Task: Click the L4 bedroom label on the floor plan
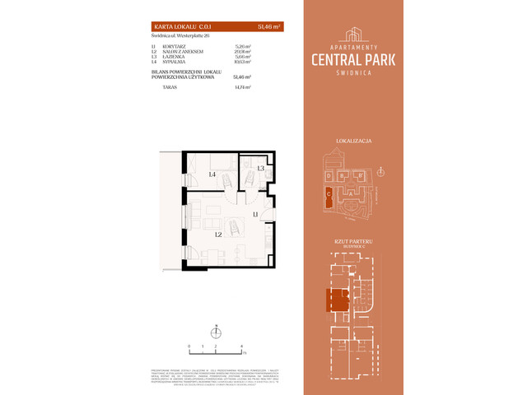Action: [212, 174]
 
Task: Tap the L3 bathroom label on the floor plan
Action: [260, 168]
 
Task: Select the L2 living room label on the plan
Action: [218, 234]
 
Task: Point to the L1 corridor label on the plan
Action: [255, 215]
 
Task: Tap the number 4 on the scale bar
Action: [241, 347]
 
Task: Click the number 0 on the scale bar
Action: [189, 347]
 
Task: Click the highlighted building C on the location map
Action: [329, 195]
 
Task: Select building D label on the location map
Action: [329, 175]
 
